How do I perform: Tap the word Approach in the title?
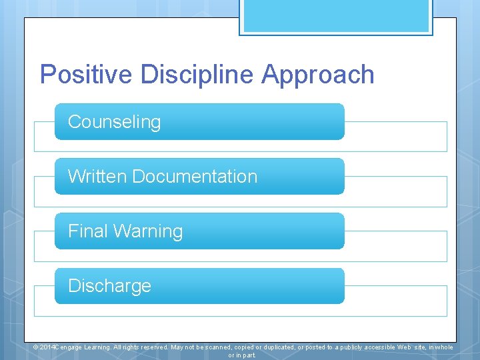point(318,74)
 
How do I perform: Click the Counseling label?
point(114,122)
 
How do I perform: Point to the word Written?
point(97,177)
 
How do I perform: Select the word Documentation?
point(195,177)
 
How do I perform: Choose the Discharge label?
point(109,286)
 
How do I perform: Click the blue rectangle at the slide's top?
point(336,16)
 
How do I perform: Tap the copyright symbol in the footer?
point(36,347)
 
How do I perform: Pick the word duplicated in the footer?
point(273,347)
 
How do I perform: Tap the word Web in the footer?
point(405,347)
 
